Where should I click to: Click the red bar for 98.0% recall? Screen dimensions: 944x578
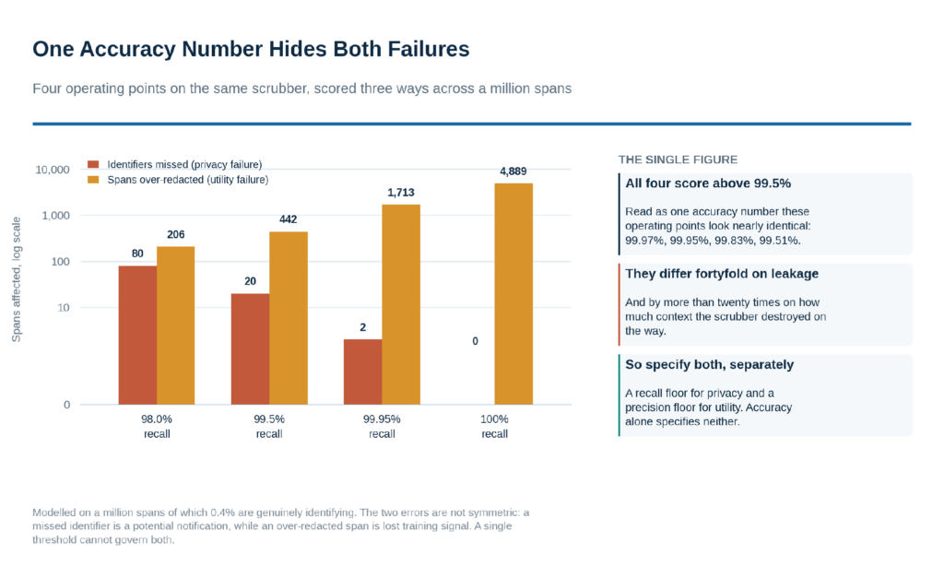(137, 336)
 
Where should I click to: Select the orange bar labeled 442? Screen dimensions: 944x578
(289, 318)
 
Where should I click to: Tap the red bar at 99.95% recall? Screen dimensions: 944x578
(362, 372)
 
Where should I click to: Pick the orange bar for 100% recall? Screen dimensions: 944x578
(513, 294)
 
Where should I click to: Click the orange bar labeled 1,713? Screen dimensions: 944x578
(401, 304)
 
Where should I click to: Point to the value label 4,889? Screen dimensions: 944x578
(513, 171)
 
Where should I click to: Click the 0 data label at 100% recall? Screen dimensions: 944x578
(475, 341)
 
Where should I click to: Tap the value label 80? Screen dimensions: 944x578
(137, 254)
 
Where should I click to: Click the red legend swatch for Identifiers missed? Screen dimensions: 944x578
(93, 164)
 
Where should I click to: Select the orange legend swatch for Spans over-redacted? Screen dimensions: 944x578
(93, 180)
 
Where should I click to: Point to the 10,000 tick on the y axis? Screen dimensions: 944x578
(53, 170)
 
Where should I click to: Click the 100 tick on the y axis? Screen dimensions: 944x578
(60, 262)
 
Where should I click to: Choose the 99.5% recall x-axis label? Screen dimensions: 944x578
(269, 426)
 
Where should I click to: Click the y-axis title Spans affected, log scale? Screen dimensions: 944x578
(17, 279)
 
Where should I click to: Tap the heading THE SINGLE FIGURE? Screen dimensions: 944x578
(678, 159)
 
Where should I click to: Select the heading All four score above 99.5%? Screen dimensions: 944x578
(708, 183)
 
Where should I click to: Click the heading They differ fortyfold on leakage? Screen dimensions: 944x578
(722, 274)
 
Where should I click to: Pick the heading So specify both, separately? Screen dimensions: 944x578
(709, 365)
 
